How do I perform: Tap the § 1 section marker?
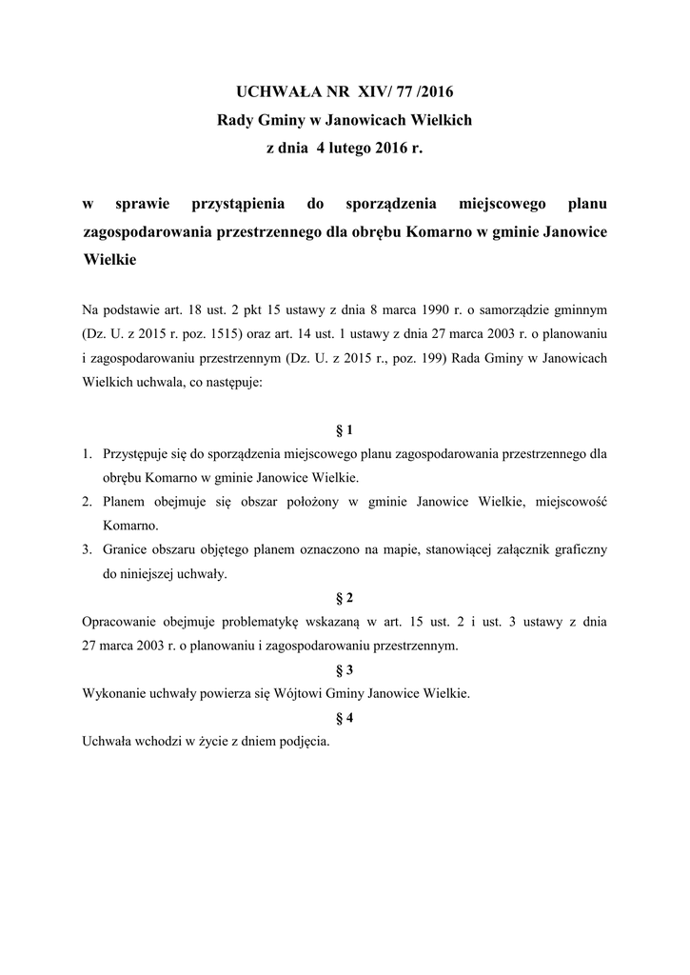click(345, 429)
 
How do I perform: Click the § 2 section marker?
click(345, 598)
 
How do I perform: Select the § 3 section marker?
click(345, 669)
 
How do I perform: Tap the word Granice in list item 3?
click(127, 550)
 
